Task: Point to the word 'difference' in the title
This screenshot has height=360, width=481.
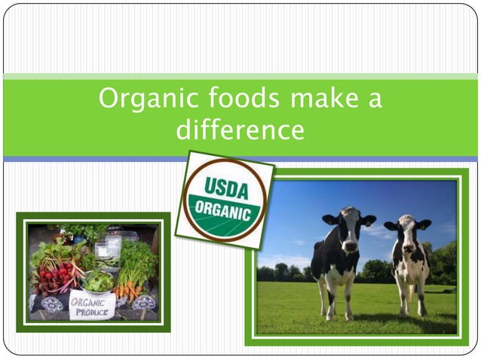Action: pos(240,130)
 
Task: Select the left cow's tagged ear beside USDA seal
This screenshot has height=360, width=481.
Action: pos(330,219)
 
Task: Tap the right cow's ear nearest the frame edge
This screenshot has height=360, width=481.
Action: pos(425,224)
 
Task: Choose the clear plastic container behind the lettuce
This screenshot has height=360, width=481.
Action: pos(108,247)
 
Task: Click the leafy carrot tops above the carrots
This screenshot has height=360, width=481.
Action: pos(136,260)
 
